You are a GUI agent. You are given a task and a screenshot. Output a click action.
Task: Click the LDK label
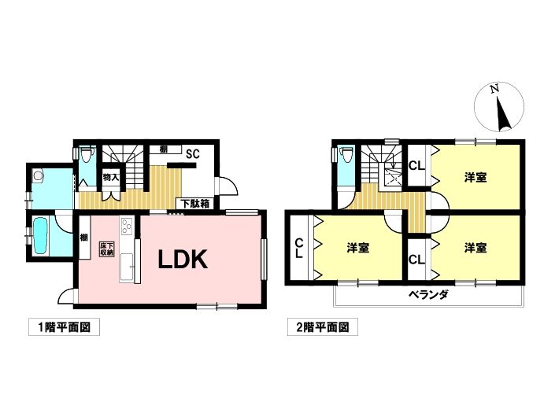[183, 260]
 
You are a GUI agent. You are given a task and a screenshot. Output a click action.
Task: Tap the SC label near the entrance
[193, 154]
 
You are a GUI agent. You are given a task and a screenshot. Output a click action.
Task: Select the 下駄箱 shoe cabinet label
[196, 204]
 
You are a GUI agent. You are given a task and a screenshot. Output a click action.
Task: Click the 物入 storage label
[111, 178]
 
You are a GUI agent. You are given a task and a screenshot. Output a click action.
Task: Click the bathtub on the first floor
[40, 235]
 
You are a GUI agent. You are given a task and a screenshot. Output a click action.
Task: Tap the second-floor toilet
[346, 155]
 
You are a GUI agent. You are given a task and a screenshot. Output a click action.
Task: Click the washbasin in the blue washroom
[38, 175]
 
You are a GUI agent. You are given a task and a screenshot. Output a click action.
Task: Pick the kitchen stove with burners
[127, 227]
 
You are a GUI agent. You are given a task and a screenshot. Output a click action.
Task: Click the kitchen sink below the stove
[127, 267]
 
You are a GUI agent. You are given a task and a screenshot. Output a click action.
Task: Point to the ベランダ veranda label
[428, 294]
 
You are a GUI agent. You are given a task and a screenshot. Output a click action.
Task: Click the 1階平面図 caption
[64, 327]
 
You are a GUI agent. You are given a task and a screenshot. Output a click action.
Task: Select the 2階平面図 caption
[323, 327]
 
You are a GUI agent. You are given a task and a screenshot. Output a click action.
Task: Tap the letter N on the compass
[495, 89]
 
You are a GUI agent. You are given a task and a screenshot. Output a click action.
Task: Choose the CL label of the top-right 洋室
[417, 166]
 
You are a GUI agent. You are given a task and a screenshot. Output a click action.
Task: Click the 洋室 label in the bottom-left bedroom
[358, 249]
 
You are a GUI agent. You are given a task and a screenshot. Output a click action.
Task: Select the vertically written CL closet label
[299, 249]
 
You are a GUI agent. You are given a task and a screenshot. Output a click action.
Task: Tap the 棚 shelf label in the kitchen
[84, 238]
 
